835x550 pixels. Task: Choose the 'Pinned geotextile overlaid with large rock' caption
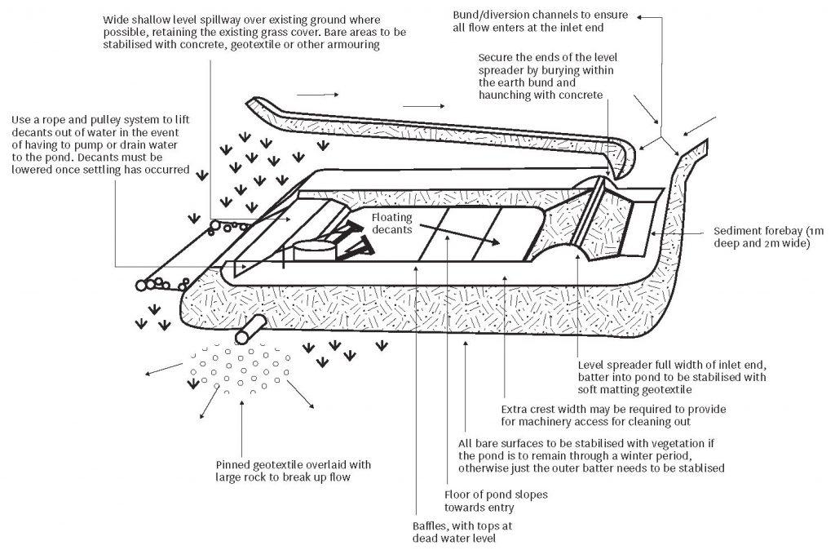[x=294, y=470]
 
